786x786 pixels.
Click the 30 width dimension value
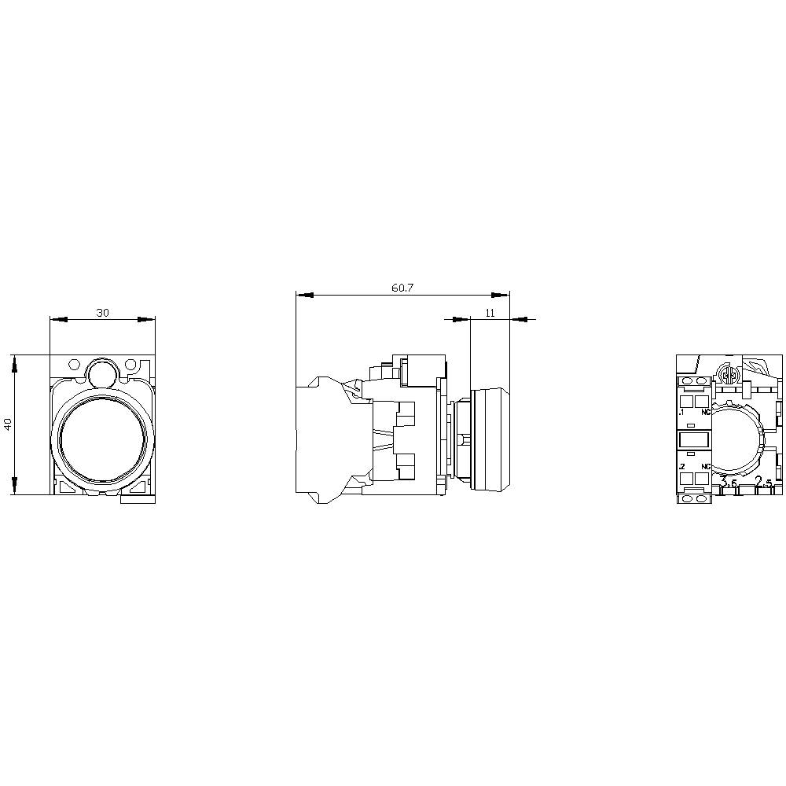pyautogui.click(x=102, y=313)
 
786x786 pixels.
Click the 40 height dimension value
pyautogui.click(x=8, y=424)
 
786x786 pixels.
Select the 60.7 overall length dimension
pyautogui.click(x=402, y=288)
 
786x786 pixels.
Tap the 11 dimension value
pyautogui.click(x=490, y=313)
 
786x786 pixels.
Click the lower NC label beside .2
pyautogui.click(x=705, y=467)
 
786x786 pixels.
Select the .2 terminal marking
pyautogui.click(x=681, y=467)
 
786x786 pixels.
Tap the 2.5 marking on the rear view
pyautogui.click(x=762, y=482)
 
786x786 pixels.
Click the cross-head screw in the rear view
pyautogui.click(x=729, y=376)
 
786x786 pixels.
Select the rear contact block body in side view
pyautogui.click(x=322, y=440)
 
